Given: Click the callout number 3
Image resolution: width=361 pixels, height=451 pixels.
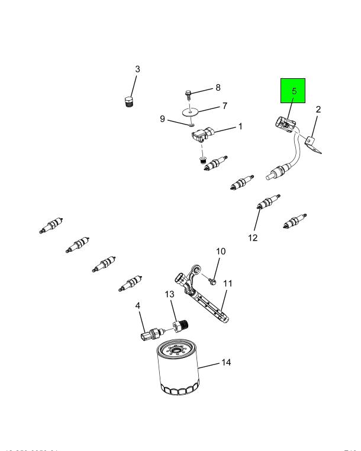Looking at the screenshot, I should coord(137,69).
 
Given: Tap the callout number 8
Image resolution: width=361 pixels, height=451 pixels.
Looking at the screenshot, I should coord(217,88).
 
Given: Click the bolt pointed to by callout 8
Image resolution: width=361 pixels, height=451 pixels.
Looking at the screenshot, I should coord(188,95).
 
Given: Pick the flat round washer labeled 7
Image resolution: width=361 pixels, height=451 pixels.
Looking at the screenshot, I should coord(191,111).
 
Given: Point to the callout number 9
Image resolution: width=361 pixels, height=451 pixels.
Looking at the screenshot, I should coord(162,119).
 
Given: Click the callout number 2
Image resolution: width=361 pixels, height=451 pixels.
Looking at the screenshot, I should coord(318,110).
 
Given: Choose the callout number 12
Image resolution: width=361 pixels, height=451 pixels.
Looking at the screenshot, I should coord(253,238).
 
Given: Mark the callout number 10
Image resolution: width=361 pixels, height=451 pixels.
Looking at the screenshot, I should coord(220,252).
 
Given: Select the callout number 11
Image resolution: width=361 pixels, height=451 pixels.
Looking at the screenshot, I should coord(228,283).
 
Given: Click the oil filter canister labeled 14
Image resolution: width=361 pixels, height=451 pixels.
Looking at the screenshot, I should coord(179,369).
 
